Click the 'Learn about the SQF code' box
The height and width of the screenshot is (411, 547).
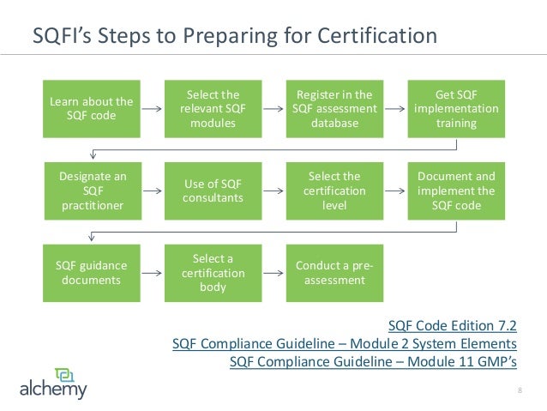91,109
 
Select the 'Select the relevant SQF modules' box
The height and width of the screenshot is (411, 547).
213,109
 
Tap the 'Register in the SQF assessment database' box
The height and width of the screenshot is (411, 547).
334,109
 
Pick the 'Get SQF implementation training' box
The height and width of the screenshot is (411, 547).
455,109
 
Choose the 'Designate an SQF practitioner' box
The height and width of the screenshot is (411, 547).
91,190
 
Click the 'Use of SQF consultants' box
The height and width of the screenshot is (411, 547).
213,190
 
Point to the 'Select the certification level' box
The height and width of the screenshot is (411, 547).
334,190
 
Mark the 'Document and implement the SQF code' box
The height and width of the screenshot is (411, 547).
455,190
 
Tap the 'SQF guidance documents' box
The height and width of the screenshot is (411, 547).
91,272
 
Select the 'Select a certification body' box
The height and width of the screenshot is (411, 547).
213,272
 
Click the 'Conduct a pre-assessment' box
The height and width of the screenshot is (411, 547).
334,272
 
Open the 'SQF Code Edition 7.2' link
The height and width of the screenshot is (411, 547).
453,326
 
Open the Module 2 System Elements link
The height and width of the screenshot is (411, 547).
345,343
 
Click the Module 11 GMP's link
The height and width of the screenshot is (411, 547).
374,360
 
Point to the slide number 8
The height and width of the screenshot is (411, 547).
520,392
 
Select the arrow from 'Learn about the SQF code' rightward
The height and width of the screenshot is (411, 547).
152,110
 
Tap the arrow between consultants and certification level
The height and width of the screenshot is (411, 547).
273,191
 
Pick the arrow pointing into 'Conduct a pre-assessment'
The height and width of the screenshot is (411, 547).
273,273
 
